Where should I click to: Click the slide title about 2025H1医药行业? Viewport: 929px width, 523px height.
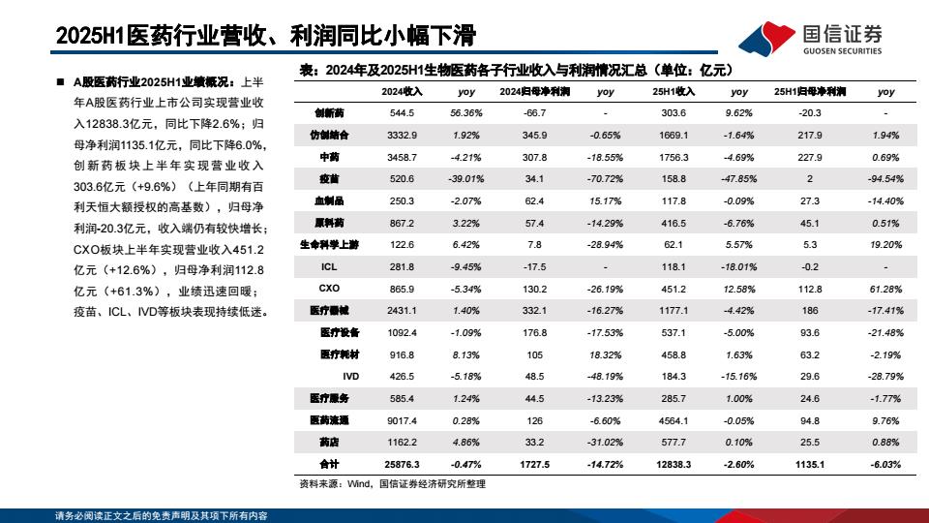click(266, 37)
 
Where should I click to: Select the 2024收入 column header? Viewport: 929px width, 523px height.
click(402, 91)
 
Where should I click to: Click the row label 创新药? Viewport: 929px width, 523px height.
click(329, 113)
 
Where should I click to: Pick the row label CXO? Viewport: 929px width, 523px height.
click(329, 289)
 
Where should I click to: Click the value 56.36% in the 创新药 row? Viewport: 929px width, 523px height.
click(466, 113)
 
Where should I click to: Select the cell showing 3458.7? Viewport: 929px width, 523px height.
click(402, 157)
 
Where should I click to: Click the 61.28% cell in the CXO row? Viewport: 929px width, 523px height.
click(885, 289)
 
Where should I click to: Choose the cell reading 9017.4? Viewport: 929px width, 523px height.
click(402, 420)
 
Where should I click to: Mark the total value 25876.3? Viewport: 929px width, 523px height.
click(402, 464)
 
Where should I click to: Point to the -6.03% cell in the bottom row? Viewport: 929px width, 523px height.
click(885, 464)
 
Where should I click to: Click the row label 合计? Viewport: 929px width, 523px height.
click(329, 464)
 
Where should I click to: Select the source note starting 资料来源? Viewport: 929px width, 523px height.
click(392, 483)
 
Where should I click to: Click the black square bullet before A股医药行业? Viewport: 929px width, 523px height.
click(61, 83)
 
